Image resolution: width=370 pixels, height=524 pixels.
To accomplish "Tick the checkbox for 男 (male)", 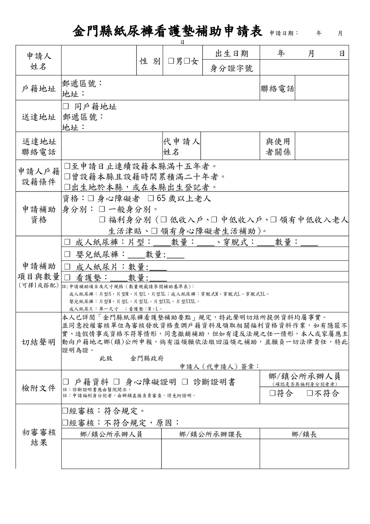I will pos(171,61).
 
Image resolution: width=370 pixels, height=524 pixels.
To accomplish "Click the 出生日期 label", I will pos(232,53).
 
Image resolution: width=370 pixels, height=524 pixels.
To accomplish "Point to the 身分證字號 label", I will pos(232,68).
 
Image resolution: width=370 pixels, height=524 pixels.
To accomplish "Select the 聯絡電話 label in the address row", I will pos(277,89).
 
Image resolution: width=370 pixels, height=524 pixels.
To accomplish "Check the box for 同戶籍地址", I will pos(66,106).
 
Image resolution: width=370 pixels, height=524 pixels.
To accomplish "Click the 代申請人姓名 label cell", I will pos(181,146).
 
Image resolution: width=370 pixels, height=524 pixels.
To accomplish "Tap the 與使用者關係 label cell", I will pos(278,146).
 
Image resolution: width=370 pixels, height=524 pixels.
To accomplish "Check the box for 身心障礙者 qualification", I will pos(91,198).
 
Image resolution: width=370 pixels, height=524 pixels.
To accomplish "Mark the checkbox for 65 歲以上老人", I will pos(151,198).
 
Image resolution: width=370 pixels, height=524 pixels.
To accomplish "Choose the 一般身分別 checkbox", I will pos(102,209).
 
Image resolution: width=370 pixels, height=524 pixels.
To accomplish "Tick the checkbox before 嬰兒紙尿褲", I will pos(67,254).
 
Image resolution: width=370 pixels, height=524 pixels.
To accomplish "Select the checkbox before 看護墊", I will pos(67,278).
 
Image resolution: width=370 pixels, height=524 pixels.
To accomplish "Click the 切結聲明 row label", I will pos(39,342).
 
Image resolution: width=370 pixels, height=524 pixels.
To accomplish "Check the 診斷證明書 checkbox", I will pos(185,382).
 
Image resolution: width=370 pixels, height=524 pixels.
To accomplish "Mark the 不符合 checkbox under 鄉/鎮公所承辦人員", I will pos(310,393).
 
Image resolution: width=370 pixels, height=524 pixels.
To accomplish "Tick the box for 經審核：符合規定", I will pos(65,411).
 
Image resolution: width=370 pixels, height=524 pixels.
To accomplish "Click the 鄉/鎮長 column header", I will pos(304,434).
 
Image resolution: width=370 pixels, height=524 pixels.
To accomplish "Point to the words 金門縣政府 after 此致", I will pos(147,358).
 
